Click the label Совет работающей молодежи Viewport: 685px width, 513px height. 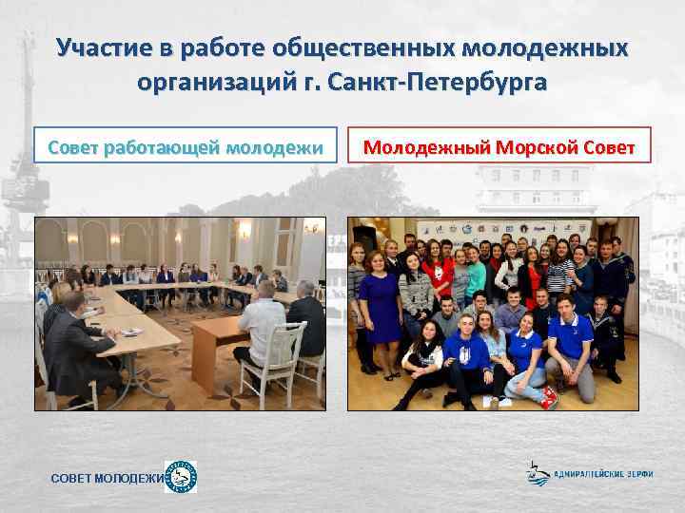pyautogui.click(x=186, y=147)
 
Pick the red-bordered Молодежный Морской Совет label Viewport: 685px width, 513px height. pyautogui.click(x=499, y=147)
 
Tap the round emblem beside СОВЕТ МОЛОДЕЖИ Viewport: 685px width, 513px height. pyautogui.click(x=181, y=477)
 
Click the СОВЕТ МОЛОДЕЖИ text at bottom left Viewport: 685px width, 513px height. pyautogui.click(x=106, y=478)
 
